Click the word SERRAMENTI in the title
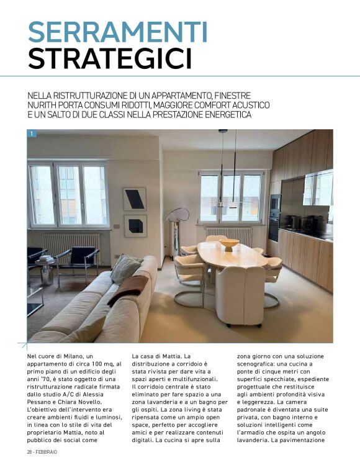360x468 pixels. coord(118,32)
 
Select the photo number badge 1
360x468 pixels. coord(32,133)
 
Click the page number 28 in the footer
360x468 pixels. coord(30,451)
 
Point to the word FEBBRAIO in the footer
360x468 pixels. coord(50,451)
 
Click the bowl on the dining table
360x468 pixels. coord(230,244)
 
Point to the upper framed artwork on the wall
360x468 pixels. coord(135,199)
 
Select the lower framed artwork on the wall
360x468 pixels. coord(135,226)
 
